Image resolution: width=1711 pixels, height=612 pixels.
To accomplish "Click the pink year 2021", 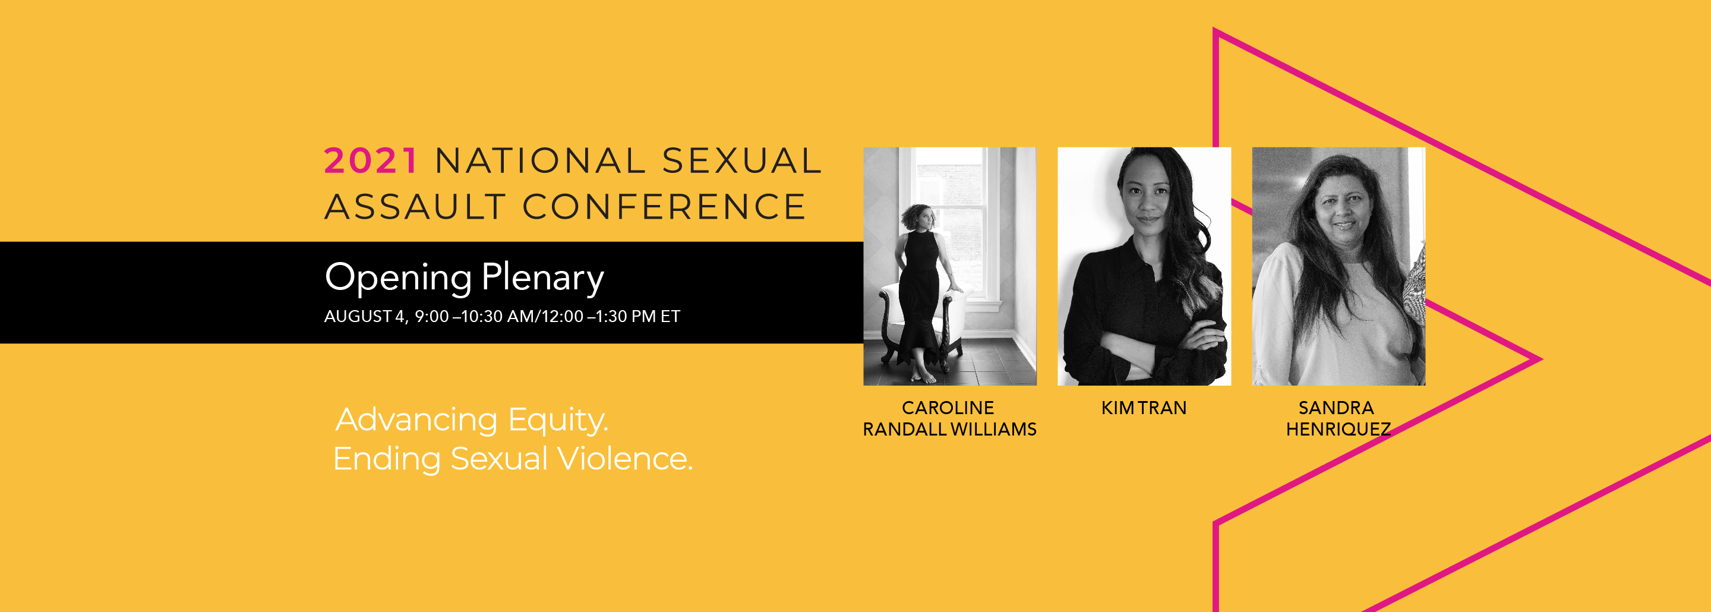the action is tap(371, 161).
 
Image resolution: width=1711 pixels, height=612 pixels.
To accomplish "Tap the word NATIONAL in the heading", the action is tap(541, 161).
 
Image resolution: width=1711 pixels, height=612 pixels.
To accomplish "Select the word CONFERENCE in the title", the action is tap(664, 207).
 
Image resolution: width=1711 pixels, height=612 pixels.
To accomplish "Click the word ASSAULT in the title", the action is tap(416, 207).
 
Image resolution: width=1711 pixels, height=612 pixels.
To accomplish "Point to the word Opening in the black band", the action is tap(398, 277).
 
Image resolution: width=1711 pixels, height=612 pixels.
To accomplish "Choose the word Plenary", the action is tap(542, 277).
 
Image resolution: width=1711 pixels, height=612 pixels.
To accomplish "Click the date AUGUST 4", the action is tap(364, 316).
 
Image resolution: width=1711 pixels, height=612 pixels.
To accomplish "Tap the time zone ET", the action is tap(670, 316).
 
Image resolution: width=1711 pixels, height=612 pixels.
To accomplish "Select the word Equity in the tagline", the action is tap(558, 420).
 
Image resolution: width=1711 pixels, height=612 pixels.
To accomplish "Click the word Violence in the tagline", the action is tap(624, 459).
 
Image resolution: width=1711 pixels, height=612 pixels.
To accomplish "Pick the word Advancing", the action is tap(416, 420).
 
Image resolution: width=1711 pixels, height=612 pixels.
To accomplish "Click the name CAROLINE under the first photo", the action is tap(948, 408).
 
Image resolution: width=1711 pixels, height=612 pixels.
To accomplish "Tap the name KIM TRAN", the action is tap(1144, 408).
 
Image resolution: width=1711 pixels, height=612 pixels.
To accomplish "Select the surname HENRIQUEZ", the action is tap(1339, 429).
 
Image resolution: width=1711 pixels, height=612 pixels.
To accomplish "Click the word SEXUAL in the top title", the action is tap(742, 161).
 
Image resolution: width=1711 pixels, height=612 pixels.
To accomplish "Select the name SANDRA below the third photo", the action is tap(1336, 408).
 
